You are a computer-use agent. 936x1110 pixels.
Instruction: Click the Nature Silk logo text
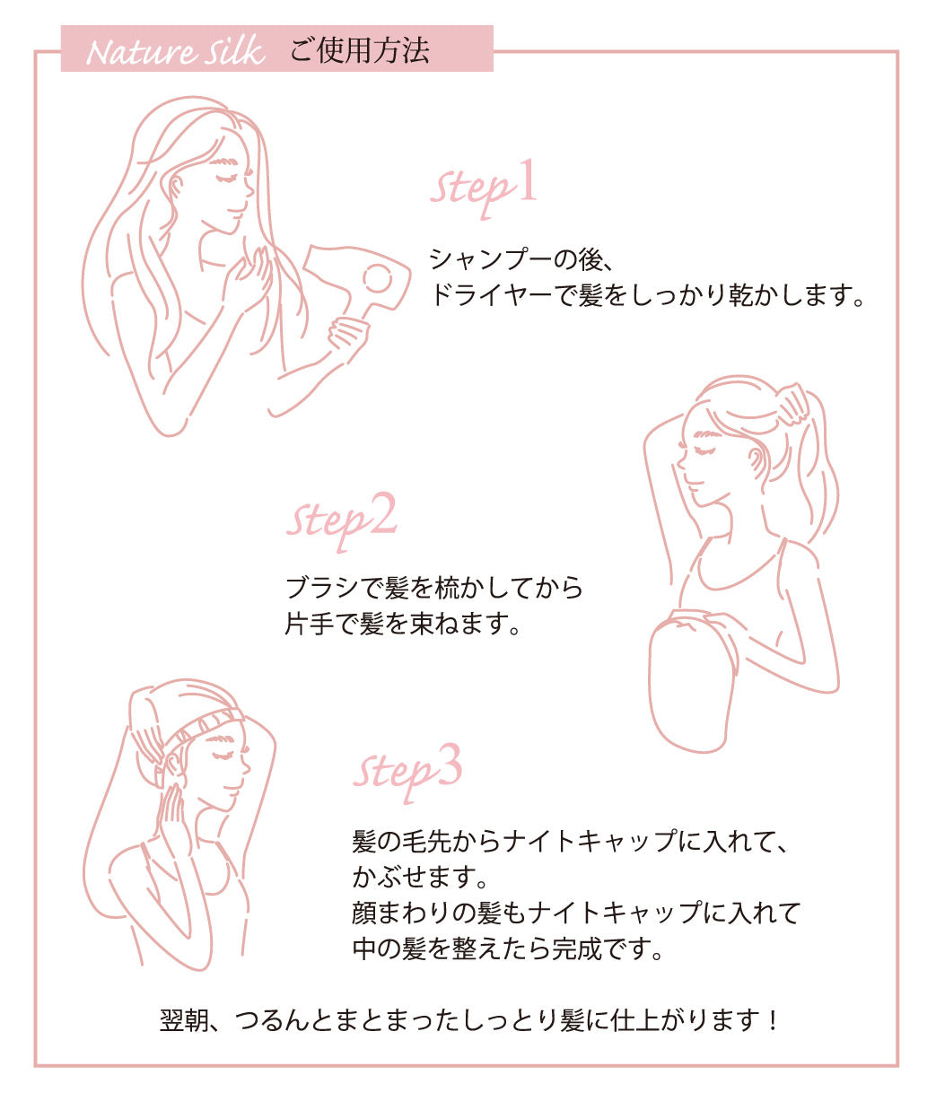point(175,51)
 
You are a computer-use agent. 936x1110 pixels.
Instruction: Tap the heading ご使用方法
point(359,50)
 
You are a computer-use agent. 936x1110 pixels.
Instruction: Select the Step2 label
point(341,521)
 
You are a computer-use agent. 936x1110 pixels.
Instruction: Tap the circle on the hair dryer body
point(378,278)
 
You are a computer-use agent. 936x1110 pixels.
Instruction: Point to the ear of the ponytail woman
point(757,462)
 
